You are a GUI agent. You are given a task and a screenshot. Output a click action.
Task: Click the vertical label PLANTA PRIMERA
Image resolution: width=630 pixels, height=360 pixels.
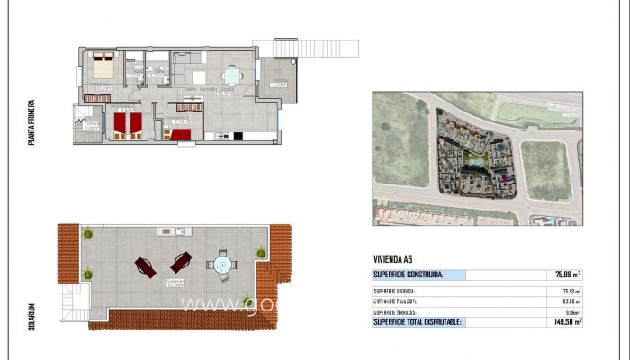[x=32, y=122]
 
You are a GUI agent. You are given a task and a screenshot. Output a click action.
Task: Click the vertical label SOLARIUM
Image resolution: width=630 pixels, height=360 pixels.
[x=32, y=319]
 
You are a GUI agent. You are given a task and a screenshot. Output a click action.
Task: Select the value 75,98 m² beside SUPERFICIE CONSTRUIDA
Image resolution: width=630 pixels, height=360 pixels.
[x=566, y=274]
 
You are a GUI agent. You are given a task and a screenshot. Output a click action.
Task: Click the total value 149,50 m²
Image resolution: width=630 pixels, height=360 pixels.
[x=565, y=321]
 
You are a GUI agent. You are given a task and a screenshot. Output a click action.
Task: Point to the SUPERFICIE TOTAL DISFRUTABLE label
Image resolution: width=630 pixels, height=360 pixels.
[x=418, y=321]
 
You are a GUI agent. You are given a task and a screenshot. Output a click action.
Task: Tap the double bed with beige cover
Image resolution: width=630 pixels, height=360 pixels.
[x=101, y=68]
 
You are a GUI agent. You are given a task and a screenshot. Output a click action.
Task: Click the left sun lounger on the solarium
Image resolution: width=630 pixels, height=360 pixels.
[x=144, y=265]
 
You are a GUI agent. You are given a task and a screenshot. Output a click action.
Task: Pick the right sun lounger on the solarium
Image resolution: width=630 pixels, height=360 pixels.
[x=180, y=262]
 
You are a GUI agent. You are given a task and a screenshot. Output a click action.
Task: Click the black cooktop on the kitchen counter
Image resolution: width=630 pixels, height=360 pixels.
[x=238, y=137]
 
